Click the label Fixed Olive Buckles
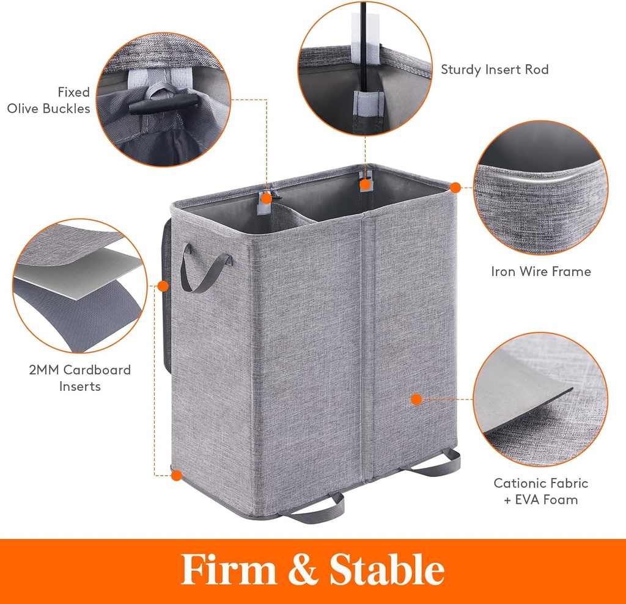(49, 100)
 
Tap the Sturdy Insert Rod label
(495, 70)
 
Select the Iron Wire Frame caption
(540, 271)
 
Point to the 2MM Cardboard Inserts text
(79, 378)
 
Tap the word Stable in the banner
(386, 570)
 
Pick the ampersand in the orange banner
(303, 571)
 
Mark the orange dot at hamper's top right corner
(455, 186)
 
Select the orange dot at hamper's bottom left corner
(176, 475)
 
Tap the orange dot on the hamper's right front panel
(416, 399)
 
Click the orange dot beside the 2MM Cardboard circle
(163, 285)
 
